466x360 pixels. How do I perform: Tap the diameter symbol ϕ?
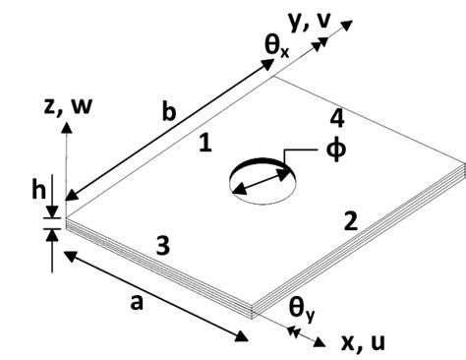point(335,153)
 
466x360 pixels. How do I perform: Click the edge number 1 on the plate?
point(204,144)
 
